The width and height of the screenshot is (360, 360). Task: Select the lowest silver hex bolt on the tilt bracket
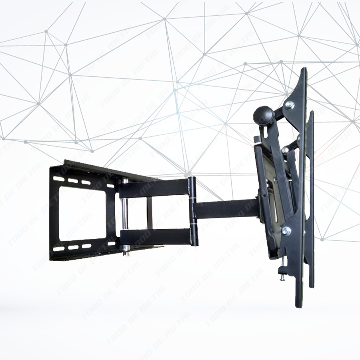pos(286,231)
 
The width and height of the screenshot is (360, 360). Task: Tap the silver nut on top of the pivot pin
pos(125,181)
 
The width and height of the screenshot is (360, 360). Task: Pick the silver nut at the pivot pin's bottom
pos(126,248)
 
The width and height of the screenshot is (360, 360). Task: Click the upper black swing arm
pos(156,187)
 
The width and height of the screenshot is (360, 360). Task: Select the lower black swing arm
pos(156,237)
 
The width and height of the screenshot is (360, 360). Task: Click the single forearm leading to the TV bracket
pos(226,208)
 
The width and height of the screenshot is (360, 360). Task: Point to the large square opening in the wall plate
pos(82,214)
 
